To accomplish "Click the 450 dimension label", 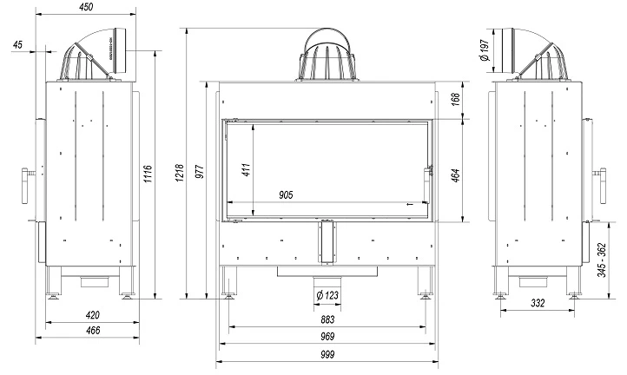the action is [86, 7].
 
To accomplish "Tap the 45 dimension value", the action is [17, 45].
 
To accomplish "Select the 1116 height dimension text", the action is [148, 174].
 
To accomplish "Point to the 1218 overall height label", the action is [180, 173].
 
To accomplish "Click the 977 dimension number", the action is [201, 171].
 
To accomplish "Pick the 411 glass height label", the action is [247, 169].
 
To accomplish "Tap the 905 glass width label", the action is [286, 195].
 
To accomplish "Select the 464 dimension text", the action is [455, 175].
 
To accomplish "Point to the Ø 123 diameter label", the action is [327, 295].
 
